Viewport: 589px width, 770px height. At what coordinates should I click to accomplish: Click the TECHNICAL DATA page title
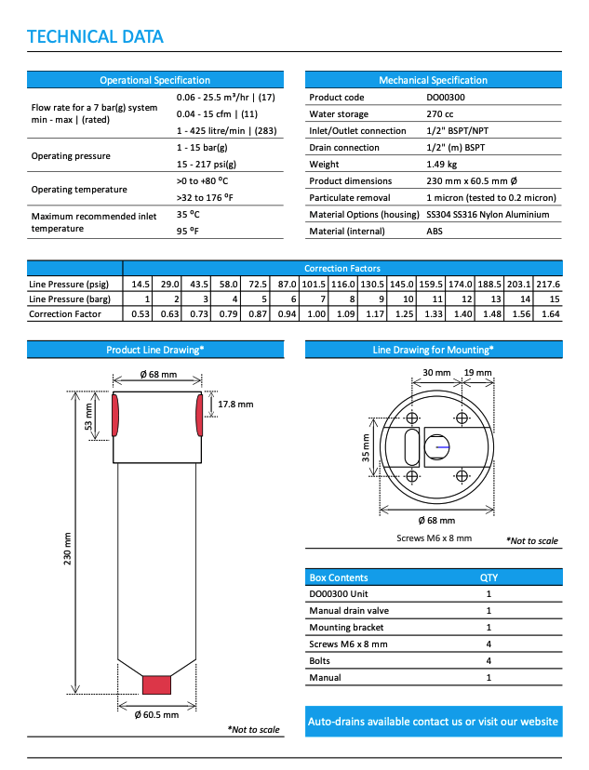[95, 37]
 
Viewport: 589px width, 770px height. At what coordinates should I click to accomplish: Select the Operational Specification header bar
[154, 80]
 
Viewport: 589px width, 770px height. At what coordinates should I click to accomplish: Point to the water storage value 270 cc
[442, 114]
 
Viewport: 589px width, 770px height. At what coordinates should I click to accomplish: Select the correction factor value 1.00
[316, 315]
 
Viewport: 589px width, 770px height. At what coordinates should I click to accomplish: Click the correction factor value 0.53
[141, 315]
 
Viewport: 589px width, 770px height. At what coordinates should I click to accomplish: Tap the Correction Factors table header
[342, 267]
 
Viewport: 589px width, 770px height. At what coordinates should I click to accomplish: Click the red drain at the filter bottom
[157, 684]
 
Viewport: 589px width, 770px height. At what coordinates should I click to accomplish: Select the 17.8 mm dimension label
[235, 405]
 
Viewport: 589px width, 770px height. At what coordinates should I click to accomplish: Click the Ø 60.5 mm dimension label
[156, 714]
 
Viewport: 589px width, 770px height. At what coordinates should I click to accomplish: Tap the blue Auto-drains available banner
[434, 722]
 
